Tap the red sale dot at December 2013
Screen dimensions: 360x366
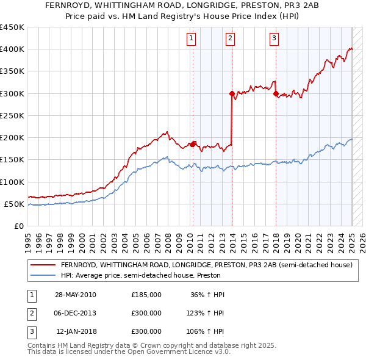232,93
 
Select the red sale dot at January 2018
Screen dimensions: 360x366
276,93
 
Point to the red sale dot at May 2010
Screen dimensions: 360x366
193,144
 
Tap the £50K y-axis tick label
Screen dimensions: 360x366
14,204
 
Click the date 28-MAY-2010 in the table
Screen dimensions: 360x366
76,295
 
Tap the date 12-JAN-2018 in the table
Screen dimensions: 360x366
76,331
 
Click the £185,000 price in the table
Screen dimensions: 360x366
146,295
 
